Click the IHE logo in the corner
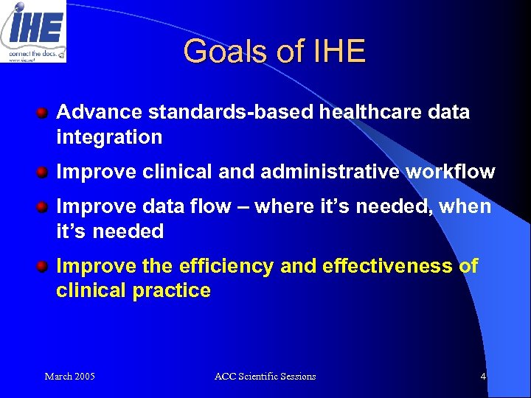pos(33,31)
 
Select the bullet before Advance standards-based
pos(44,113)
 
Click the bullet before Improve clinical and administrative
pos(44,172)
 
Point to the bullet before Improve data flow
pos(44,207)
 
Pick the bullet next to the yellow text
pos(44,266)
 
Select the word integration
pos(109,137)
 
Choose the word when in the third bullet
pos(465,206)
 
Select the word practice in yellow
pos(171,290)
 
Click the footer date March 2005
pos(69,377)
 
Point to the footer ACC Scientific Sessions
pos(265,377)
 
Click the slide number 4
pos(483,377)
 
